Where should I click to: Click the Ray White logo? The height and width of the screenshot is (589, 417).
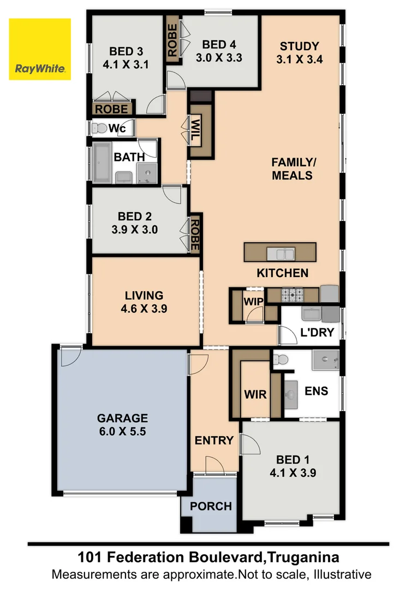40,49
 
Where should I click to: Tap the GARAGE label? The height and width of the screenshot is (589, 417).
122,418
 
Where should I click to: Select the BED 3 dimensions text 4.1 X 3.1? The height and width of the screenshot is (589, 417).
126,64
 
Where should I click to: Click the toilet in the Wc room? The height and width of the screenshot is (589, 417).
99,129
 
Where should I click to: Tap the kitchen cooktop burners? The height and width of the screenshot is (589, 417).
292,296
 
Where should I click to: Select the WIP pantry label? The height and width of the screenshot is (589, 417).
253,302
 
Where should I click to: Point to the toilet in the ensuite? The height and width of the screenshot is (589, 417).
280,359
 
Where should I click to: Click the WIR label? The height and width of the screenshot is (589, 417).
255,394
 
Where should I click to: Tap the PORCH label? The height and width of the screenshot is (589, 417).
211,506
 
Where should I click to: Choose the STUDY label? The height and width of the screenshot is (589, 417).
299,46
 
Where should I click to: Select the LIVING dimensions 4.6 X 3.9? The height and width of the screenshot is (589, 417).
144,308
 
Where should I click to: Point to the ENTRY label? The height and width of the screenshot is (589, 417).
214,440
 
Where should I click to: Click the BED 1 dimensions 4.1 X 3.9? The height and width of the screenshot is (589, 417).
293,473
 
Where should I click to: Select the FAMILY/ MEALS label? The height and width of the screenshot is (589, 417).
292,169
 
